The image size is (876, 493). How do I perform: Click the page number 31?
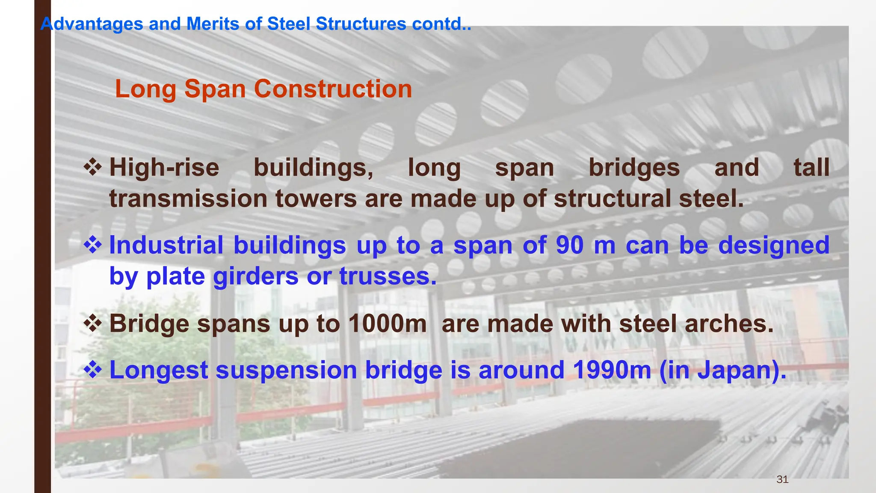[782, 479]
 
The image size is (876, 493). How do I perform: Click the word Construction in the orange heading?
[333, 89]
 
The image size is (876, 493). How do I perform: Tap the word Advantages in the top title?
[92, 24]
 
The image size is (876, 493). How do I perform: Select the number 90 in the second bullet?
[570, 246]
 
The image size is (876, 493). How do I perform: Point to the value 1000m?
[388, 324]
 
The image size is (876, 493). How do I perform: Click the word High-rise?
[164, 168]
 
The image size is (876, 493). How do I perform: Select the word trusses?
[388, 276]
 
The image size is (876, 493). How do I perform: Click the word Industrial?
[166, 246]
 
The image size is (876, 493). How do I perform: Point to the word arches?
[729, 324]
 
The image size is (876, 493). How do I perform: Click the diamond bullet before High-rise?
[92, 167]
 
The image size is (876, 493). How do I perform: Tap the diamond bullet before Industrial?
[92, 245]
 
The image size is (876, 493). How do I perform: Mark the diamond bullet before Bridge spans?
[92, 323]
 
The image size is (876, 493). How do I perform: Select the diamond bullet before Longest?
[92, 369]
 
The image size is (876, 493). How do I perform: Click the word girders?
[255, 276]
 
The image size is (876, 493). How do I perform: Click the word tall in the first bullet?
[811, 168]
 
